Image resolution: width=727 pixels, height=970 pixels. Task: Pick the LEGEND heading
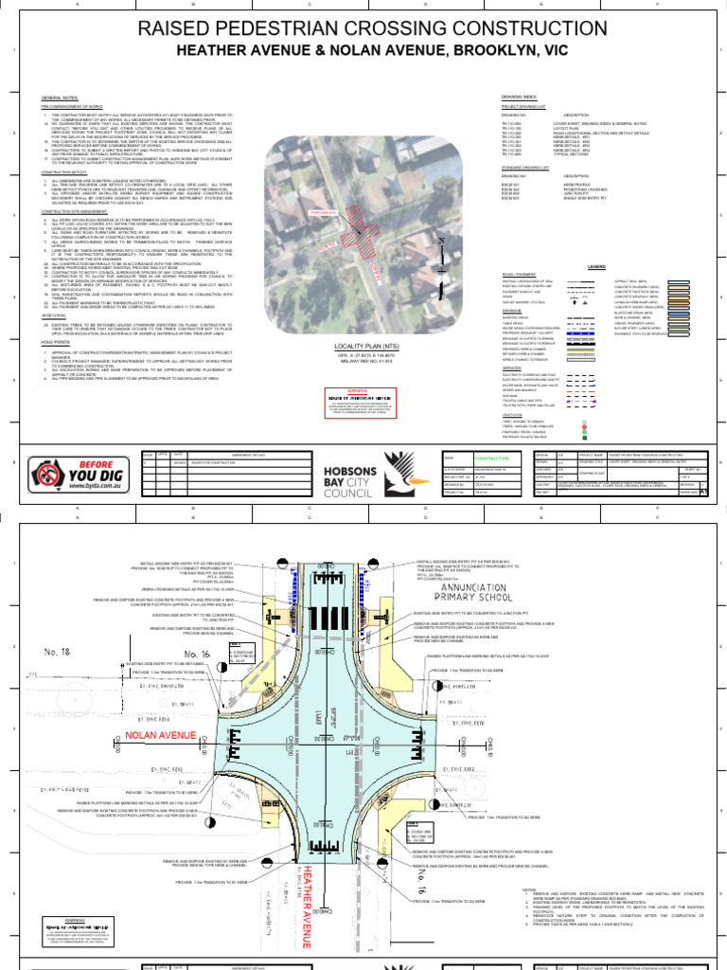pyautogui.click(x=596, y=267)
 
